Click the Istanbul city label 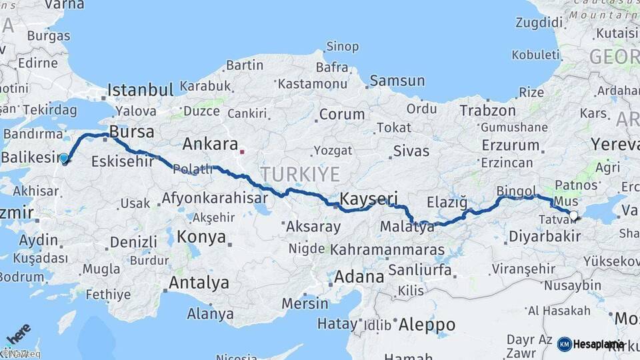click(x=141, y=90)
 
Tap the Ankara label click(x=210, y=143)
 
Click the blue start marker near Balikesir click(x=64, y=159)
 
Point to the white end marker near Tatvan click(x=573, y=215)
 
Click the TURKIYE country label click(x=300, y=175)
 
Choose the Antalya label click(x=199, y=283)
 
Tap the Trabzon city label click(x=487, y=111)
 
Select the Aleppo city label click(x=427, y=325)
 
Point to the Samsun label click(x=397, y=81)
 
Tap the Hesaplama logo click(x=591, y=344)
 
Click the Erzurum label click(x=511, y=145)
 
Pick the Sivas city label click(x=411, y=151)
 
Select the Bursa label click(x=132, y=131)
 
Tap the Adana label click(x=359, y=276)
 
